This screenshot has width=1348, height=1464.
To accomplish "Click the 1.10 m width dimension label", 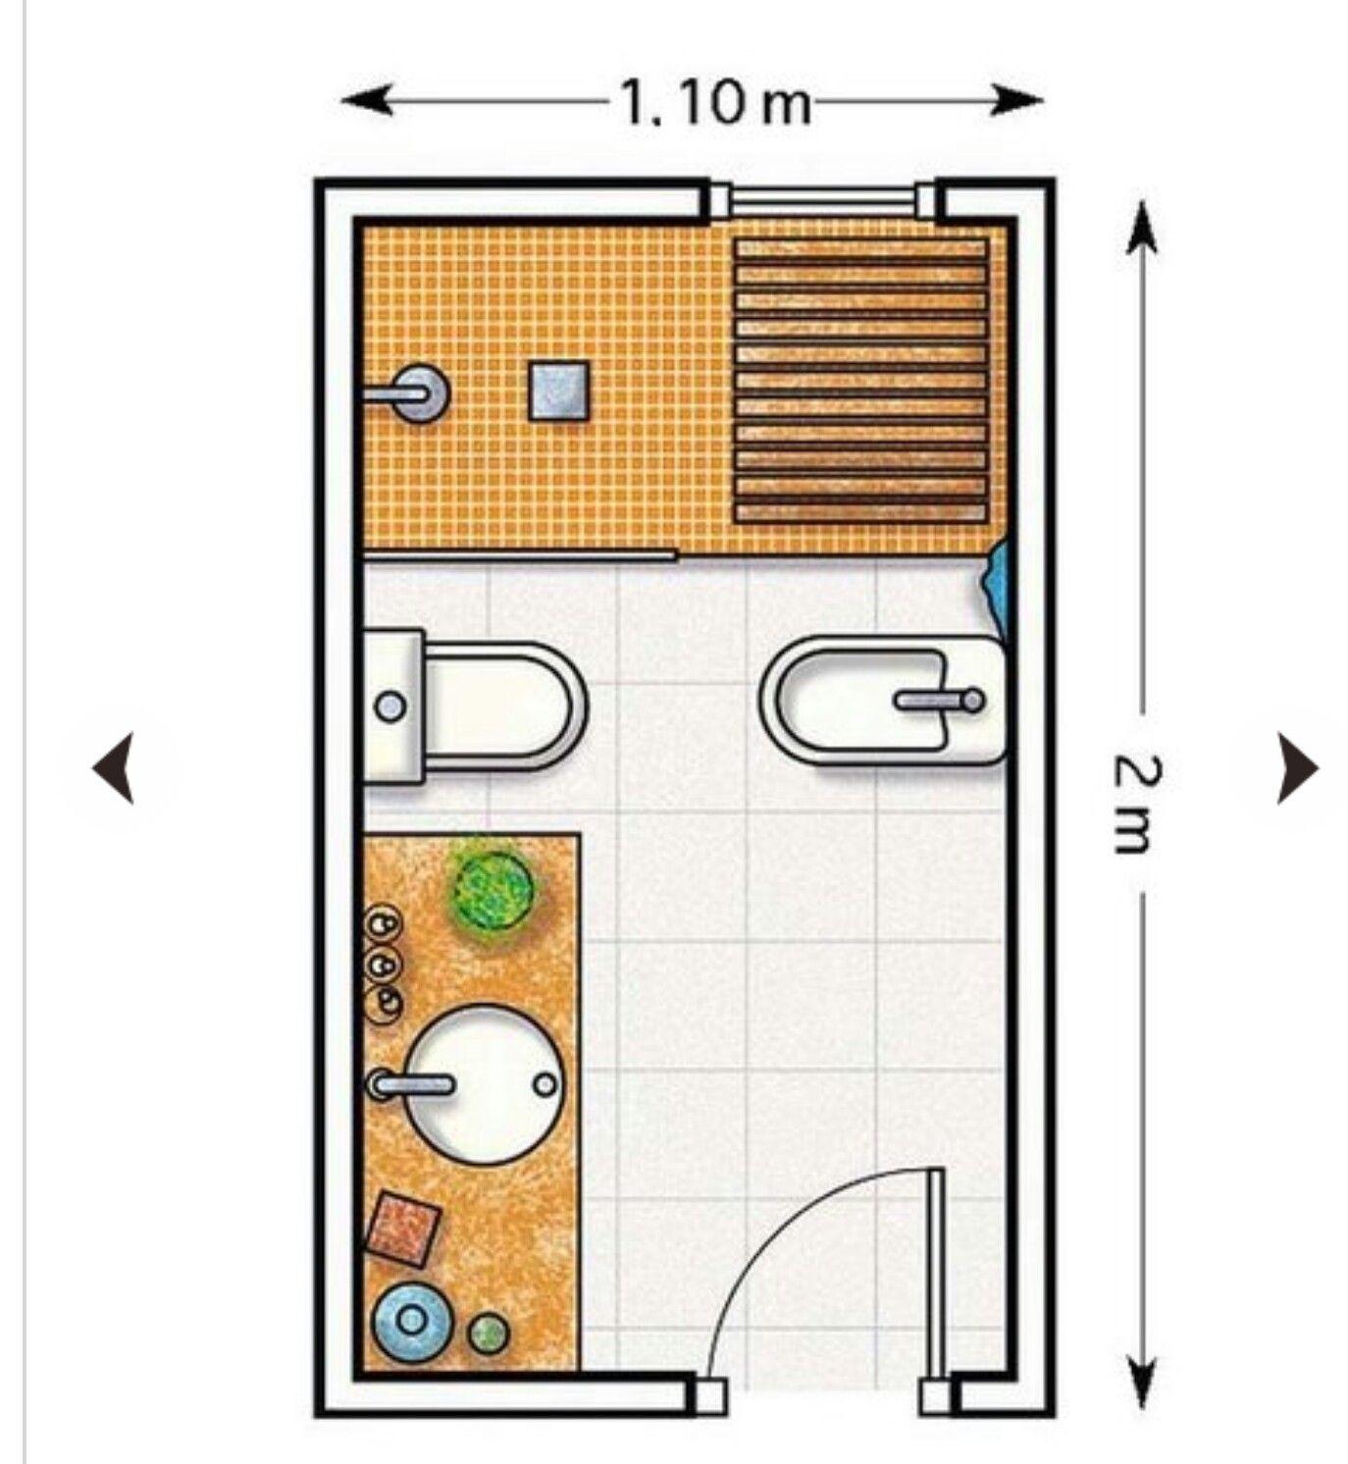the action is (x=714, y=102).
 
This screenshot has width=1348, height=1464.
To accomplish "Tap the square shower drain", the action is (x=558, y=391).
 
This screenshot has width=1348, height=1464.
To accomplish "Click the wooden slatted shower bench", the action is (x=861, y=381).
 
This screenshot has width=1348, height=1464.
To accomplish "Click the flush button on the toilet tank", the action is (x=391, y=706).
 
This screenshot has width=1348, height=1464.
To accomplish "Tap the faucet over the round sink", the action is (x=412, y=1083).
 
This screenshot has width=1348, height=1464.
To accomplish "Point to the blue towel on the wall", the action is (x=996, y=581).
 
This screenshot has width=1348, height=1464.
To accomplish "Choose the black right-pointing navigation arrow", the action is (x=1297, y=767).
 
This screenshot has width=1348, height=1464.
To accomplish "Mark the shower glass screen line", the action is (x=520, y=557).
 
